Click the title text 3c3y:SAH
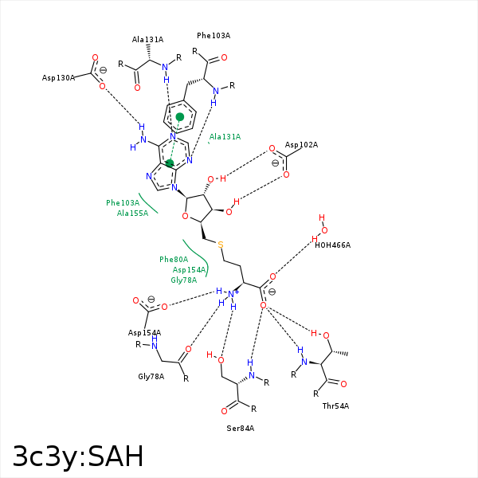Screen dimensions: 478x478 tap(78, 456)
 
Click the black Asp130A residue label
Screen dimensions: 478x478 tap(59, 78)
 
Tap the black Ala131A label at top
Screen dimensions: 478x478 tap(147, 40)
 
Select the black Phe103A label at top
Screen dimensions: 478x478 tap(214, 36)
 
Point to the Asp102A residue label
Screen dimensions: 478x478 tap(301, 145)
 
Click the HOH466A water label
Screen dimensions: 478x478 tap(332, 245)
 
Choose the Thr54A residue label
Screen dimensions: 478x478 tap(335, 406)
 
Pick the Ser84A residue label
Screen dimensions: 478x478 tap(240, 429)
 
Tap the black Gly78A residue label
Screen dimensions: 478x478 tap(151, 377)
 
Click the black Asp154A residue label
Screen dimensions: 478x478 tap(144, 333)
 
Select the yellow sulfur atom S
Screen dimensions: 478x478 tap(220, 245)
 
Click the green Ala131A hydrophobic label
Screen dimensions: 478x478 tap(225, 137)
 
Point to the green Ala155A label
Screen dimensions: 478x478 tap(132, 214)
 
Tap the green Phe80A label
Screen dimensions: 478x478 tap(174, 260)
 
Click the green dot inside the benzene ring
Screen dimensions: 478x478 tap(180, 117)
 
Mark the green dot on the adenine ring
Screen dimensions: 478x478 tap(170, 163)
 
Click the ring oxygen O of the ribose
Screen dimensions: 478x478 tap(185, 216)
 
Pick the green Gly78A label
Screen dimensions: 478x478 tap(183, 280)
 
